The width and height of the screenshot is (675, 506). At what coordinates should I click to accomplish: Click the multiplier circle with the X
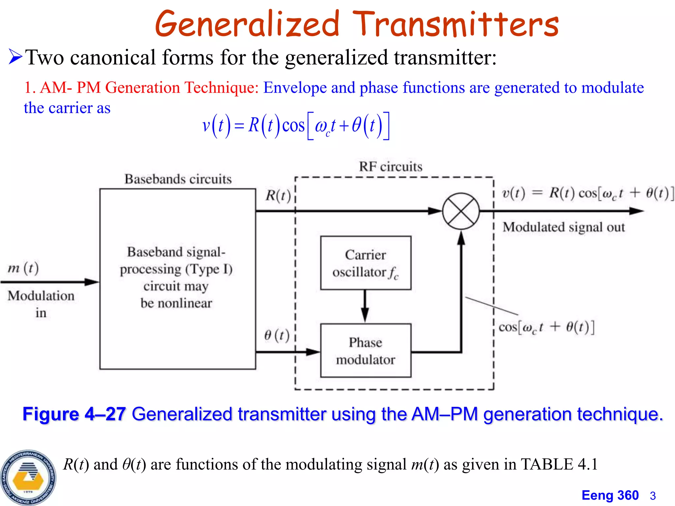click(461, 211)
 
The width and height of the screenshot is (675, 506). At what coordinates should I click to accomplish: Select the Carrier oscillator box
click(366, 263)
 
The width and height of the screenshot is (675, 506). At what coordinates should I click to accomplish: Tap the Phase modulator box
click(366, 351)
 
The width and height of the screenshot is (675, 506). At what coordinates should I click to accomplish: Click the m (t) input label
click(23, 268)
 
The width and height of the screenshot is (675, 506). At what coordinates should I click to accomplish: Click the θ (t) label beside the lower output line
click(277, 335)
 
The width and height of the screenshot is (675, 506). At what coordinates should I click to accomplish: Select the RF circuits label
click(391, 167)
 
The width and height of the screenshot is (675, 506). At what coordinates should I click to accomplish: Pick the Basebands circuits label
click(178, 179)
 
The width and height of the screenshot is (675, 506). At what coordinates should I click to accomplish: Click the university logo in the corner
click(28, 477)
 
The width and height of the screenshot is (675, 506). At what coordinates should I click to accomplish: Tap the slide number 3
click(653, 496)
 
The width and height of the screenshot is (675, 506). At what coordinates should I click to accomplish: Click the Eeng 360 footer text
click(610, 495)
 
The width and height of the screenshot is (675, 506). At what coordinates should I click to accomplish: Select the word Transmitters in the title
click(455, 24)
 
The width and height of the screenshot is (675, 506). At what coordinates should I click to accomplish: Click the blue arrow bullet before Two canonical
click(15, 57)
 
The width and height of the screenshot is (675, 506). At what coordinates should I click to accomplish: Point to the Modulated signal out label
click(564, 227)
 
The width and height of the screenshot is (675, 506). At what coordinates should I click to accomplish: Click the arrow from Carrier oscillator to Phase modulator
click(365, 306)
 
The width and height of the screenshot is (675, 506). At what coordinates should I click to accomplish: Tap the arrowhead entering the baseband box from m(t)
click(92, 282)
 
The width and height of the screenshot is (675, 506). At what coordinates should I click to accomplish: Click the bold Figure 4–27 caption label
click(74, 414)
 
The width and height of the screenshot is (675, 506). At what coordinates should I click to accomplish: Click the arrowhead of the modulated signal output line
click(636, 211)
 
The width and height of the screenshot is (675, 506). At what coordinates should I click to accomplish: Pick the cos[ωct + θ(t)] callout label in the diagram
click(546, 327)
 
